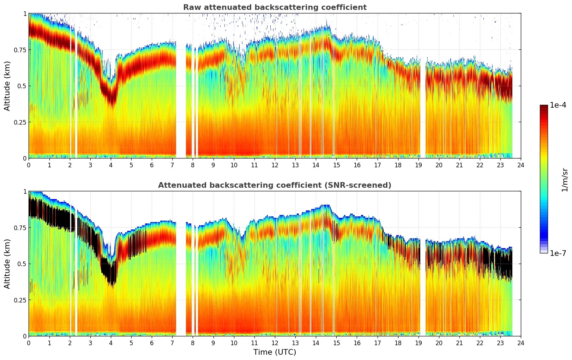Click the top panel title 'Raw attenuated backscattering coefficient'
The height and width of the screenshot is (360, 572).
tap(275, 7)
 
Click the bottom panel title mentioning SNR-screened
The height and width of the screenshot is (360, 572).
tap(275, 185)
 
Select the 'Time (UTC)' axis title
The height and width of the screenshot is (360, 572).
tap(275, 352)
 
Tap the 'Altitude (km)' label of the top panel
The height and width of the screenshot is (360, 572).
tap(7, 86)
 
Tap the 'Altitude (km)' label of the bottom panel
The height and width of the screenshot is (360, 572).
tap(7, 264)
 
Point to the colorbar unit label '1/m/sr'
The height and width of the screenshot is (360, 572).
tap(565, 180)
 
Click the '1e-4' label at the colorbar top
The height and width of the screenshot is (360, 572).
tap(558, 105)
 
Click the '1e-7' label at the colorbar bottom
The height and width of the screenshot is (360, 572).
tap(558, 253)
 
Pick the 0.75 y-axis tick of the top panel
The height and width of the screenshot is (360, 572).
tap(19, 50)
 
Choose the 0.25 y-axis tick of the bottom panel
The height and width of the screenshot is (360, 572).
tap(19, 300)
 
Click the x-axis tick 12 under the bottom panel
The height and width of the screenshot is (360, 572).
tap(275, 343)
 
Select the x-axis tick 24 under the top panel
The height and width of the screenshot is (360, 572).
tap(520, 165)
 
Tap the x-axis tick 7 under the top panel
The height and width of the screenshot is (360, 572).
tap(172, 165)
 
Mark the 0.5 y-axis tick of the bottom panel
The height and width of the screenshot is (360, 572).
tap(22, 264)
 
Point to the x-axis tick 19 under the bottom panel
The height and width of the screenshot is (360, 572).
tap(418, 343)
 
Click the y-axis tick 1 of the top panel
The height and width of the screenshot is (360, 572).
tap(25, 13)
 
